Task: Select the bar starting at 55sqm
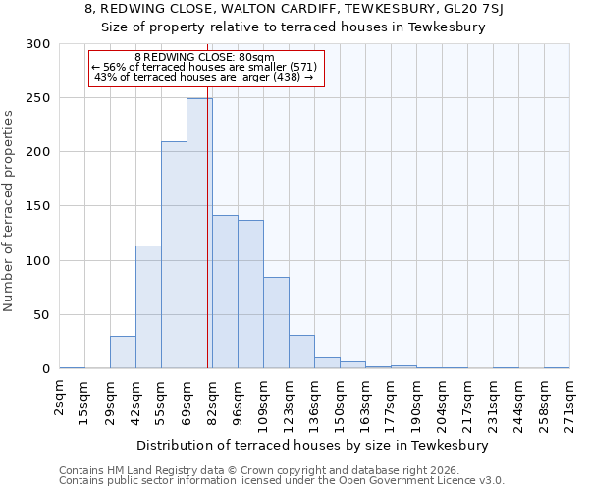tap(174, 255)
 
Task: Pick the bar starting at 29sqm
tap(123, 353)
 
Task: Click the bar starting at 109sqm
tap(276, 323)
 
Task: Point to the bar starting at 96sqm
tap(250, 295)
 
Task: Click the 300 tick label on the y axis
tap(38, 44)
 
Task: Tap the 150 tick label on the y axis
tap(38, 207)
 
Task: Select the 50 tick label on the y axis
tap(42, 315)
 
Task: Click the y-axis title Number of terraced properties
tap(10, 210)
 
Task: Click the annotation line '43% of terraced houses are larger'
tap(204, 78)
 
